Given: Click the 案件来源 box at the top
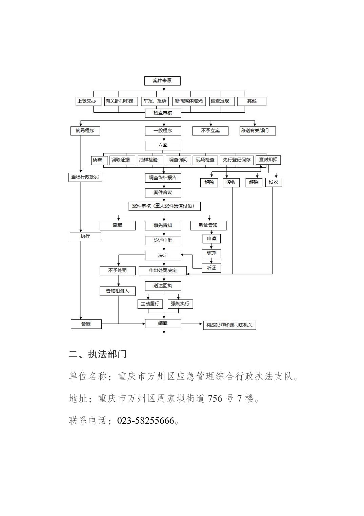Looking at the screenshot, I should tap(162, 81).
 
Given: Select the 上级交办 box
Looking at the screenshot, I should tap(88, 101).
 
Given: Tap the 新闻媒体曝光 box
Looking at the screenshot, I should tap(189, 101).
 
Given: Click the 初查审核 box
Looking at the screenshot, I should tap(163, 113).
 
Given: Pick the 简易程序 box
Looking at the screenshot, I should tap(85, 131).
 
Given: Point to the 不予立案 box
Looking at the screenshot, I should tap(210, 131).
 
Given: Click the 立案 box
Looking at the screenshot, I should tap(163, 146).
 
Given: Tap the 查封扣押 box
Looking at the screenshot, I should tap(268, 160).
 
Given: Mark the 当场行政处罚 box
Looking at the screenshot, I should tap(85, 177).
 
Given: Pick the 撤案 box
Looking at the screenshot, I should tap(118, 225).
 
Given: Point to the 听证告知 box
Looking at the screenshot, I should tap(208, 225).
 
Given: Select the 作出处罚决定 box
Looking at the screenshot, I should tap(163, 271).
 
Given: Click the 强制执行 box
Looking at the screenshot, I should tap(180, 304).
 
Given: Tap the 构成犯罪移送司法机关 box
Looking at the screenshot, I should tap(229, 325).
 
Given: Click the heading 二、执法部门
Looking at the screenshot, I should tap(98, 354).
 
